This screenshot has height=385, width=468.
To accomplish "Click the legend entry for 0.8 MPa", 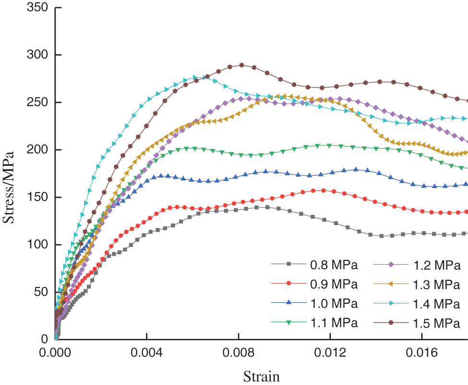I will (334, 264).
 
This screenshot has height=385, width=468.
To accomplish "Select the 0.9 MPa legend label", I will (334, 284).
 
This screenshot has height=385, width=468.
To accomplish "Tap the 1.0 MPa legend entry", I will (334, 303).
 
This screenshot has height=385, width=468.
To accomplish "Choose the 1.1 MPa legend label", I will (334, 323).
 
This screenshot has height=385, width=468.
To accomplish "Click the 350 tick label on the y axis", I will (38, 8).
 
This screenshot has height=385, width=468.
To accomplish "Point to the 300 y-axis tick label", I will (38, 55).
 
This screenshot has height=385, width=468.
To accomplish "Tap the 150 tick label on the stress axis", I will (38, 197).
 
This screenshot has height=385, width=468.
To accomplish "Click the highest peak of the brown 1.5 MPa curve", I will (241, 65).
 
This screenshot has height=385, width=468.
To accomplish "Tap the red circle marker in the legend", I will (288, 284).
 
